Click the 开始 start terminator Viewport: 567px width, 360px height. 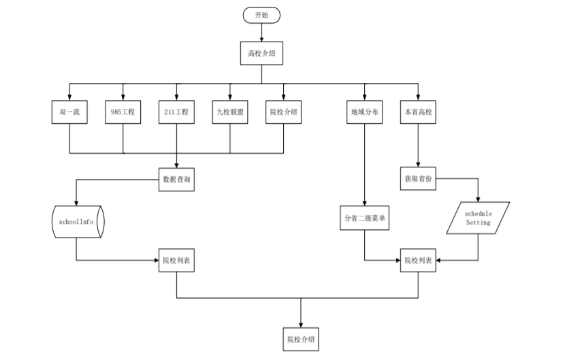261,15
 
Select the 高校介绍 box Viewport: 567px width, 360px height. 261,53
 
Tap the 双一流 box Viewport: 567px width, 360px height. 70,112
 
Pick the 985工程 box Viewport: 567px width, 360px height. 123,112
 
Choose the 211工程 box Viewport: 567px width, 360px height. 176,112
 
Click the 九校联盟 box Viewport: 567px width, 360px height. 229,112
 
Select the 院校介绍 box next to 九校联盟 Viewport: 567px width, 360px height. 283,112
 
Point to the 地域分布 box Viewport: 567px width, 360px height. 366,112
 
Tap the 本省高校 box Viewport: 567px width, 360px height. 419,112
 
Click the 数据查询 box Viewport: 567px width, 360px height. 176,179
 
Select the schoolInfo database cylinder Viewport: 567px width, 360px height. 77,222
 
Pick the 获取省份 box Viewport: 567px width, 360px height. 419,179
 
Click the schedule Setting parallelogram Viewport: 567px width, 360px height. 478,218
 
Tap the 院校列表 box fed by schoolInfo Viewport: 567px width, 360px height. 176,261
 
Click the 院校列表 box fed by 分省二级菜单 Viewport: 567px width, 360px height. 419,261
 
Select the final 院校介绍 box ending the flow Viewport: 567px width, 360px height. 300,338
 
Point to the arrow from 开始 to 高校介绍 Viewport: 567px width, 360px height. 261,32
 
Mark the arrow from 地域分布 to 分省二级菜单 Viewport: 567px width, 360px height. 366,163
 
